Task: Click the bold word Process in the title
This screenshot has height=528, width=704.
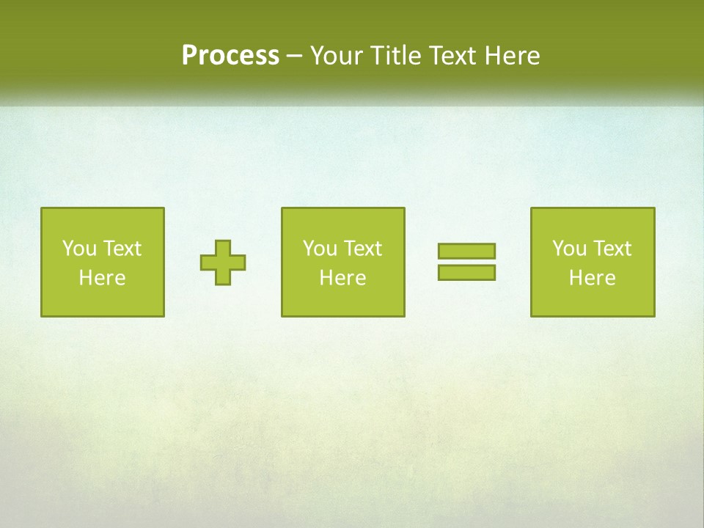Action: [x=230, y=56]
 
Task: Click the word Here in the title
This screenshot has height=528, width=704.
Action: [x=513, y=56]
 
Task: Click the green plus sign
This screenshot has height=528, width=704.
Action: [x=223, y=263]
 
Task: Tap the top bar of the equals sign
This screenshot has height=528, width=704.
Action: [x=466, y=251]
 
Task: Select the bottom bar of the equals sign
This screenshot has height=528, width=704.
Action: [x=466, y=272]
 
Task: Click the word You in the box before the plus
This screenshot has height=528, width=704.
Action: [x=79, y=249]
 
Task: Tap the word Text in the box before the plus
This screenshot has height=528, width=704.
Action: [x=121, y=249]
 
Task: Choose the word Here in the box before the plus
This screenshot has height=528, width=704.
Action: [x=102, y=278]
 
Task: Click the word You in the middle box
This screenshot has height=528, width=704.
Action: [x=320, y=249]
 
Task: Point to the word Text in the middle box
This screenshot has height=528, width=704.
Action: [x=362, y=249]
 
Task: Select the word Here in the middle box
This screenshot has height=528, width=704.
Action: [x=342, y=278]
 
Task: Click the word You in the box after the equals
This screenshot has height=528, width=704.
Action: [x=569, y=249]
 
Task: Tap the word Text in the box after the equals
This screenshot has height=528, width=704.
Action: [x=611, y=249]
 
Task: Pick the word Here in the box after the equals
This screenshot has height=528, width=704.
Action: [x=592, y=278]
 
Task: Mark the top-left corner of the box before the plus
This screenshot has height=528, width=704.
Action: [x=42, y=208]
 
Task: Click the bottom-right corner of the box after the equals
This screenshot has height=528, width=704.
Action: [x=653, y=315]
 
